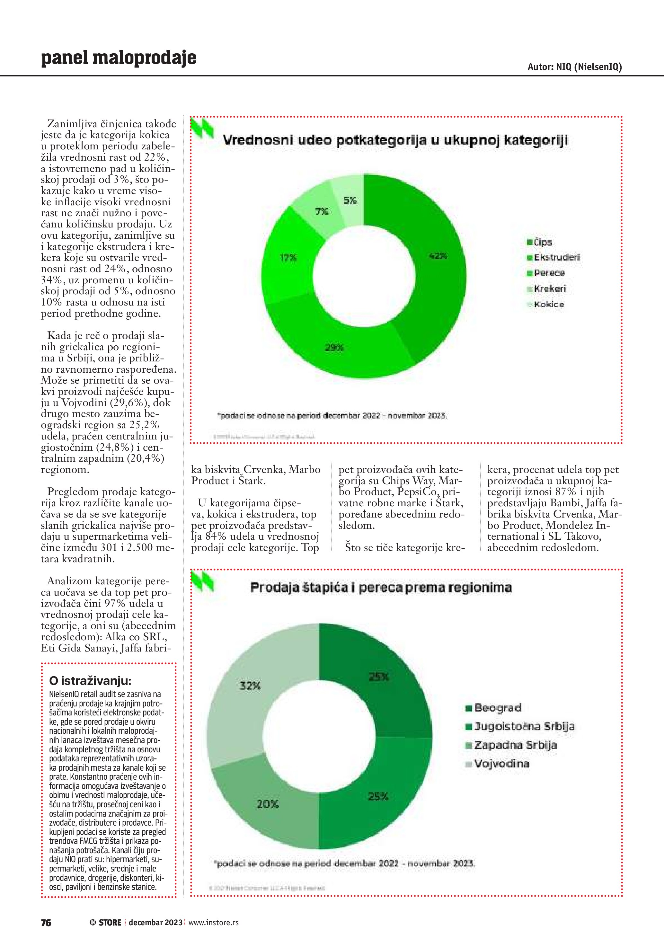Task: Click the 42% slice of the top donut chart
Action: pos(438,256)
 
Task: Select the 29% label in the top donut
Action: pos(334,348)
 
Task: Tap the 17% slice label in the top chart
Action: pos(288,258)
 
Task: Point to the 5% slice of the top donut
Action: pos(350,200)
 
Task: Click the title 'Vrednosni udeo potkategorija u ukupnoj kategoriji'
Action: pos(395,140)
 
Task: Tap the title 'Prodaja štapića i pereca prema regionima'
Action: pos(381,588)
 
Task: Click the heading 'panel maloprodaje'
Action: pos(119,58)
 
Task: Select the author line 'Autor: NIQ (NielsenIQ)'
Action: pos(574,67)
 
